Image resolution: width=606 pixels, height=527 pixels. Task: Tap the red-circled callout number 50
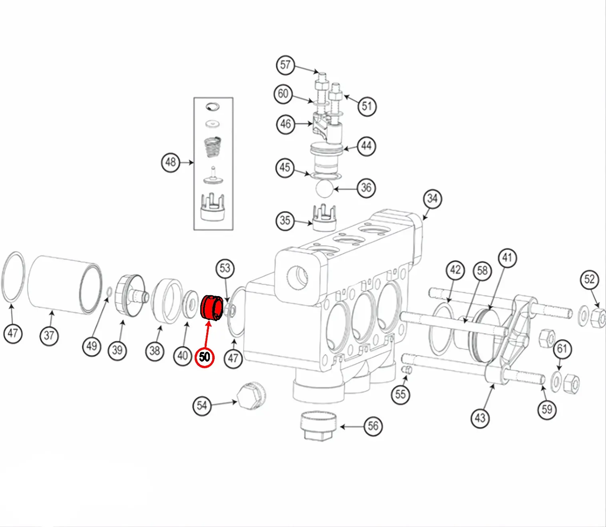204,357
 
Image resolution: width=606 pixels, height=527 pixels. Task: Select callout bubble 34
432,199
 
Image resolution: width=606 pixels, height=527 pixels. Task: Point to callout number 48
171,162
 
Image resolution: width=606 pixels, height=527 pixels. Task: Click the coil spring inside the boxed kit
213,147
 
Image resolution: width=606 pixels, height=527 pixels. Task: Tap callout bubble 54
202,406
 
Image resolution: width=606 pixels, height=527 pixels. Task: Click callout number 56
373,426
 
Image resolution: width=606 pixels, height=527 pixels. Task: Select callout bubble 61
562,349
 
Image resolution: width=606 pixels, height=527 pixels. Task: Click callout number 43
480,418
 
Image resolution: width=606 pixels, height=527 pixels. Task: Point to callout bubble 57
285,65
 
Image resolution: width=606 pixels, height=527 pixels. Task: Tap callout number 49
92,346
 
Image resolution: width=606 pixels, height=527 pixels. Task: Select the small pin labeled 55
407,370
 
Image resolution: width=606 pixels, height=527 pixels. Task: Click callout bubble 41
507,258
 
